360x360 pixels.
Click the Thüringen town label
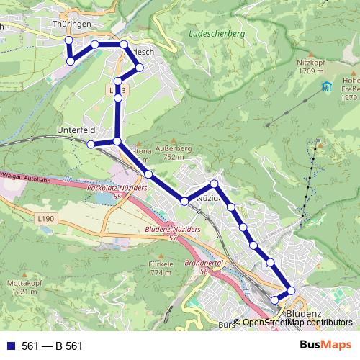71,24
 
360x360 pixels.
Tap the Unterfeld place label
76,130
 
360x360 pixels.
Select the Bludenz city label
304,315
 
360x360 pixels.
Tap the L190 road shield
45,218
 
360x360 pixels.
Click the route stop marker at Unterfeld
91,145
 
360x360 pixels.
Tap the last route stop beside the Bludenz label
274,300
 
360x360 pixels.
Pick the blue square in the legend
9,346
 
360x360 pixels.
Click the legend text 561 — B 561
53,346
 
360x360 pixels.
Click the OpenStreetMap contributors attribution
297,323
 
